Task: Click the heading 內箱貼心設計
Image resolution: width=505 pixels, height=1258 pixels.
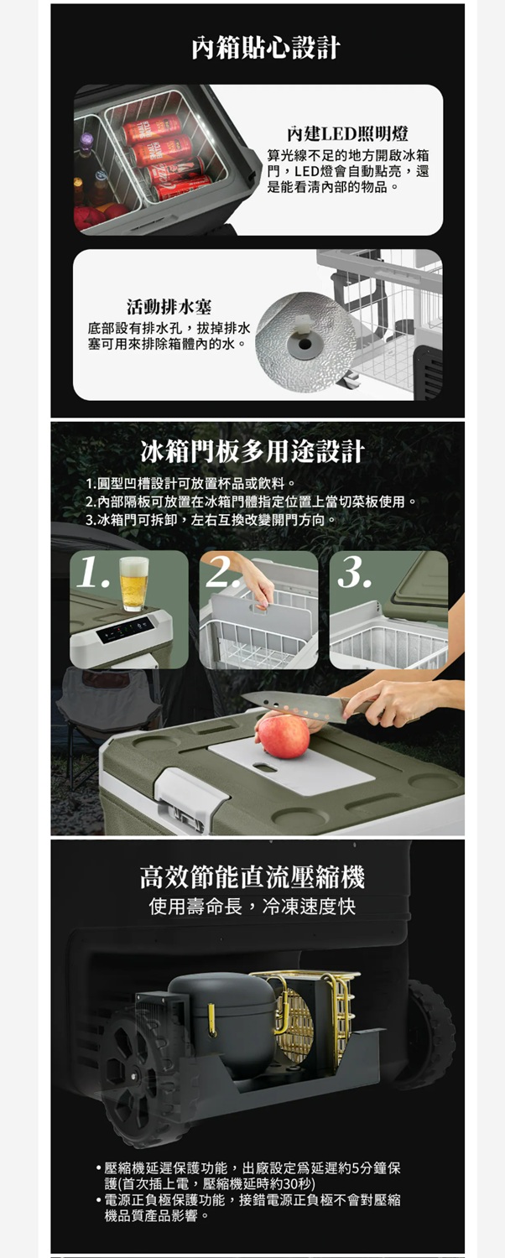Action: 266,47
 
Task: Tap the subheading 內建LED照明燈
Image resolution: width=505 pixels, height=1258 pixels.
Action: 347,133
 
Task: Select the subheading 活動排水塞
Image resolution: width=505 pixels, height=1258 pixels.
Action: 169,307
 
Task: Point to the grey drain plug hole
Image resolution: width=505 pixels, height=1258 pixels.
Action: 305,344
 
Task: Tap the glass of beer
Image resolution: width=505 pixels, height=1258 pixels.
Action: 133,584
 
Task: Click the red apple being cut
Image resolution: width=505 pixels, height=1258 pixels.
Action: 284,736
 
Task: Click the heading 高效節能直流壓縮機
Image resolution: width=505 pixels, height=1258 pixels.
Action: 252,877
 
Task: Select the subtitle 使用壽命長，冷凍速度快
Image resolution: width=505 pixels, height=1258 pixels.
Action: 252,906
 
